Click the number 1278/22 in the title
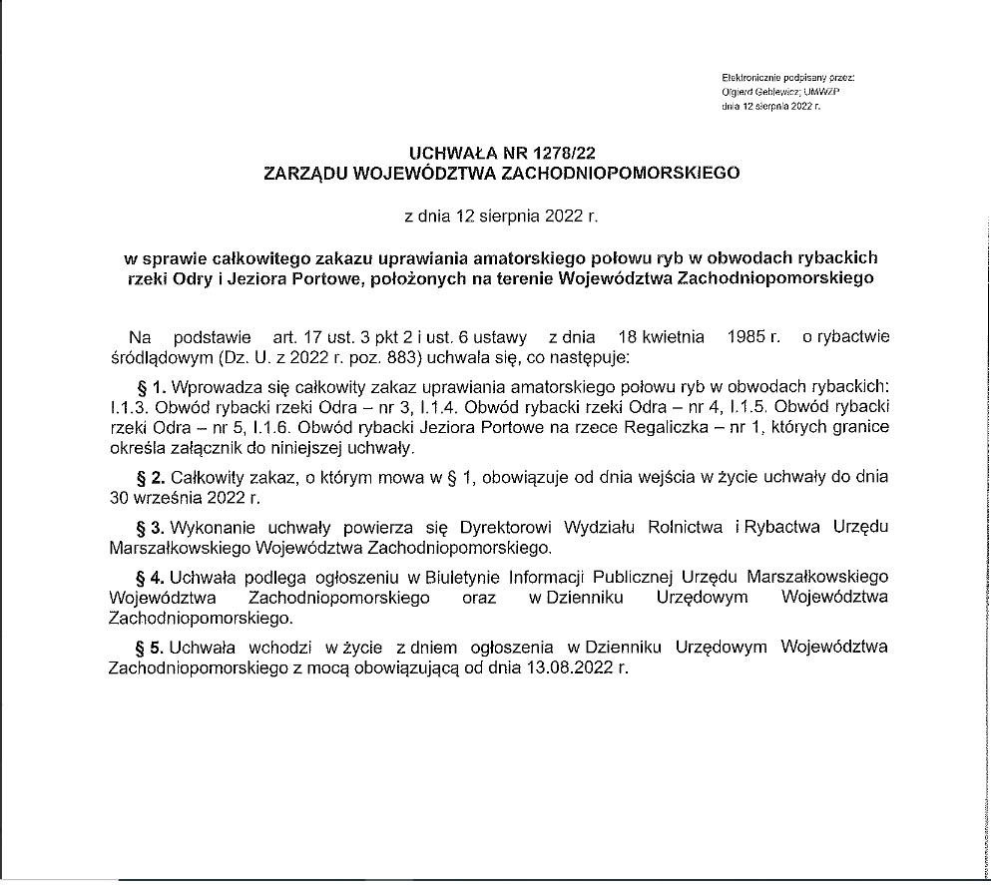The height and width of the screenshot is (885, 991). coord(557,153)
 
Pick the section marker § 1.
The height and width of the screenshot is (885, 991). coord(151,386)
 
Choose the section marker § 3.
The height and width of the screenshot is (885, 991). coord(151,526)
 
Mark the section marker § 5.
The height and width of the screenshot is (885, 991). coord(151,647)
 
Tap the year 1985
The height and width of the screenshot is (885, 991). coord(748,336)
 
